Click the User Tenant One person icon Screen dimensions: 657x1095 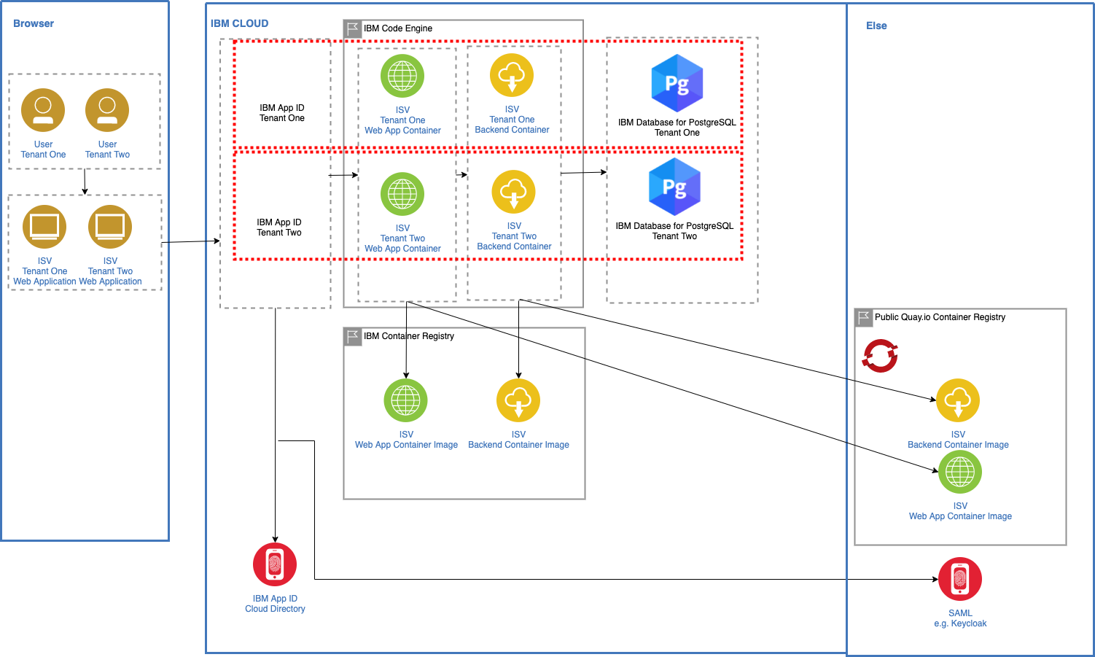point(43,110)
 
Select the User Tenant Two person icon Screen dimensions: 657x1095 point(107,110)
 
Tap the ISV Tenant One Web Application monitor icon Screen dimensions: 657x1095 point(44,227)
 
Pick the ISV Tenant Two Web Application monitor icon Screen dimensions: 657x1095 point(110,227)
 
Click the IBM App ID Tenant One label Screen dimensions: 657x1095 point(282,113)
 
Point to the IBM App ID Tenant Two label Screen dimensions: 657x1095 point(279,228)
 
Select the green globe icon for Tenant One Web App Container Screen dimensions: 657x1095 point(402,76)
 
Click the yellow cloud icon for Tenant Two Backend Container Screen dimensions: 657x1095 point(514,192)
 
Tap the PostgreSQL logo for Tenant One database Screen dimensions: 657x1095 point(677,83)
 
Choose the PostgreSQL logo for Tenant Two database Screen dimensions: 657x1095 point(674,187)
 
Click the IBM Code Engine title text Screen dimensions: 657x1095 point(398,28)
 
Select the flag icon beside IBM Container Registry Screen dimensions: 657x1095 point(353,336)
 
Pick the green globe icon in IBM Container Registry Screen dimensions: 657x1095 point(406,400)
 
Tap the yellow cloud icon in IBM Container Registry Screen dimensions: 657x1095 point(518,400)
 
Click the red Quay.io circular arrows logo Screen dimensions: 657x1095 point(880,356)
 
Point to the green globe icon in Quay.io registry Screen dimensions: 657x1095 point(960,472)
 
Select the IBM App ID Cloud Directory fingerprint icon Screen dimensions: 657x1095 point(275,564)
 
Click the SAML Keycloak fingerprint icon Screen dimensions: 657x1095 point(960,579)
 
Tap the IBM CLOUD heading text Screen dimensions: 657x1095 point(239,23)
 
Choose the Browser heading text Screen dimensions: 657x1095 point(34,23)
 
